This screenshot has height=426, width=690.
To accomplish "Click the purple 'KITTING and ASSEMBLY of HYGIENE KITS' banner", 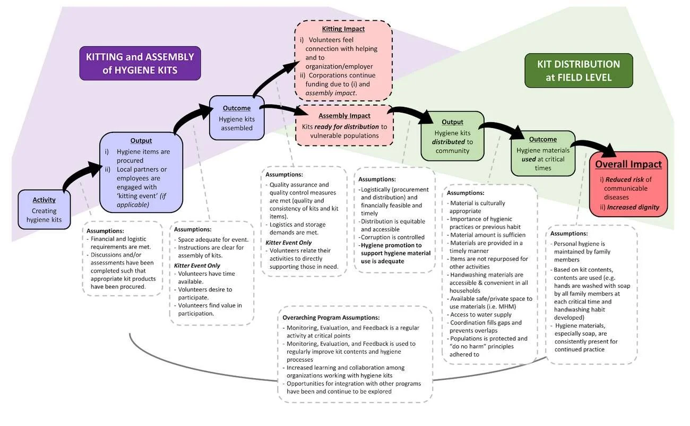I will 140,63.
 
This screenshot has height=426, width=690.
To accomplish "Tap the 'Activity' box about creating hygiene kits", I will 44,209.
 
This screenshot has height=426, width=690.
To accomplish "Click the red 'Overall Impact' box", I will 628,184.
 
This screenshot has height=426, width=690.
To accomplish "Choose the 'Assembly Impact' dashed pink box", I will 344,125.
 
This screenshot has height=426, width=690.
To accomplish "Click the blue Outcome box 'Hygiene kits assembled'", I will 236,118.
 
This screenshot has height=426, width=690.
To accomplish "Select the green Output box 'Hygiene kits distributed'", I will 452,136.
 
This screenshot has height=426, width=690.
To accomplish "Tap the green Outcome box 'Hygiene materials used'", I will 542,154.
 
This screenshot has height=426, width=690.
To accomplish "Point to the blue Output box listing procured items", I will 141,172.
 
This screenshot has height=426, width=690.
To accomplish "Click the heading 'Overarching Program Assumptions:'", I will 331,318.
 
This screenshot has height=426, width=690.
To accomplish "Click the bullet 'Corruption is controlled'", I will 392,237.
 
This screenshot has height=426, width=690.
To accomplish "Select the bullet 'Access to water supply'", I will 473,314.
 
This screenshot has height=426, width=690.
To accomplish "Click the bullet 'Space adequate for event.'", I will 213,240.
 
